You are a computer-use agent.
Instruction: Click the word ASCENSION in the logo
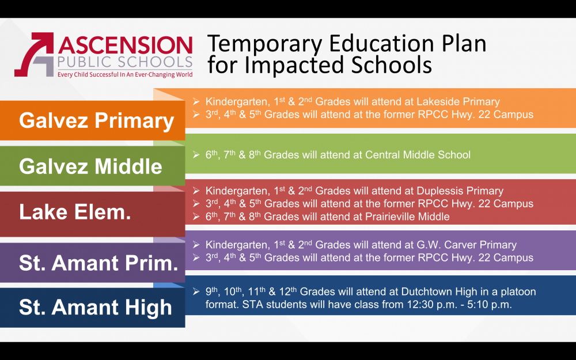point(124,45)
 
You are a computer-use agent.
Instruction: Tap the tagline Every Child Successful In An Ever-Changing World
point(124,74)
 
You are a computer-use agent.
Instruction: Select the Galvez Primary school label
point(96,121)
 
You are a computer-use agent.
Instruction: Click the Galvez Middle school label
point(90,166)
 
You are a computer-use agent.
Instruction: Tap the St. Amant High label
point(95,307)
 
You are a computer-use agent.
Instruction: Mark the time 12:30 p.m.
point(429,305)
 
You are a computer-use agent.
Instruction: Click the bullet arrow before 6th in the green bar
point(196,155)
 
